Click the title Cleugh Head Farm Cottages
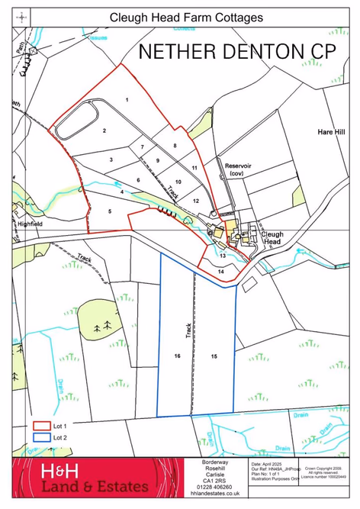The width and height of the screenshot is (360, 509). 186,17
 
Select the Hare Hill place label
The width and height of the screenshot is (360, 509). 331,132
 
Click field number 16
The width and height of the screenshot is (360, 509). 177,356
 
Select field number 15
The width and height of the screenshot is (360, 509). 214,356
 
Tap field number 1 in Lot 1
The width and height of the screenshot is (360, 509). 127,100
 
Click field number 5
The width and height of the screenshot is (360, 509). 110,211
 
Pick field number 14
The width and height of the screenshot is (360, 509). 220,271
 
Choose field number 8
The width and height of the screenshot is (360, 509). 175,145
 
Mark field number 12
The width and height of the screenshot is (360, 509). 196,200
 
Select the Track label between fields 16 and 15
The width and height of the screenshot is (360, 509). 188,330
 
